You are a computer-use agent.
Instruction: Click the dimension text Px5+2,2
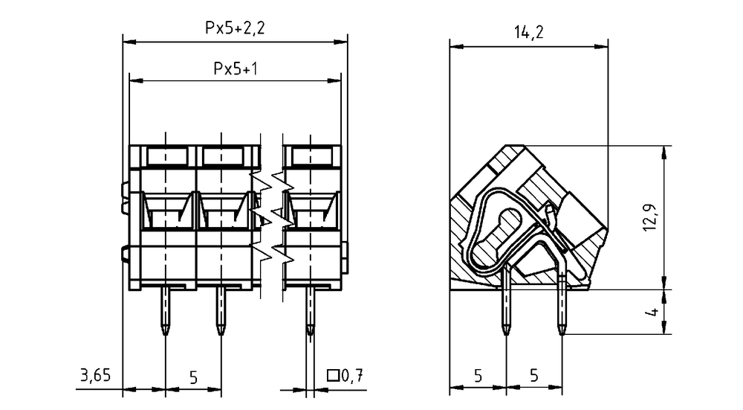(235, 28)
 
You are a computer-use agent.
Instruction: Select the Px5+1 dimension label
(236, 68)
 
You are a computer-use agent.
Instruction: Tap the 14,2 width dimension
(529, 32)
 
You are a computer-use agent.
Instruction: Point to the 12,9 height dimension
(650, 217)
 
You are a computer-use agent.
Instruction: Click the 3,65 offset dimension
(95, 375)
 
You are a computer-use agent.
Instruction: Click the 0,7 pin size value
(351, 376)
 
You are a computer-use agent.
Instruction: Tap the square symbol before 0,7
(333, 376)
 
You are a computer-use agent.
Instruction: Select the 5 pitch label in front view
(193, 378)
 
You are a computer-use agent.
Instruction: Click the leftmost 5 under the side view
(478, 376)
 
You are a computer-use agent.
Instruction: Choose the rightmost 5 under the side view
(534, 376)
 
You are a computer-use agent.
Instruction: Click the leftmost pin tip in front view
(166, 334)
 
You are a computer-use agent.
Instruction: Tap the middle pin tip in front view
(221, 334)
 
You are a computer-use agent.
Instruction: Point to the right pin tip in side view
(562, 334)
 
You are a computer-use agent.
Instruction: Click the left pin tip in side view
(506, 334)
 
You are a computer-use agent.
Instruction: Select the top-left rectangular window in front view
(165, 156)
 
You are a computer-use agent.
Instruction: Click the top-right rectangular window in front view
(311, 156)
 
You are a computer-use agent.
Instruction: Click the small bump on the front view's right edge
(345, 258)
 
